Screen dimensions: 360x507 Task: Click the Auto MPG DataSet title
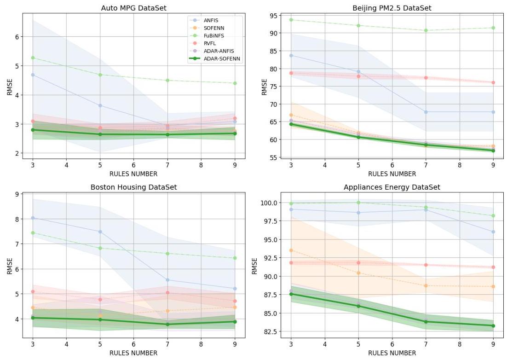click(x=133, y=8)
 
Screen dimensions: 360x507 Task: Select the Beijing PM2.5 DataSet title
click(x=392, y=8)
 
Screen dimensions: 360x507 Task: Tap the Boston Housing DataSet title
click(x=133, y=187)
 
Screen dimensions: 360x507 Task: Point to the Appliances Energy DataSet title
click(x=392, y=187)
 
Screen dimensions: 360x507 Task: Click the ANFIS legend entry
click(x=211, y=20)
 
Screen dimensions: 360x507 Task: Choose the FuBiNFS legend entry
click(x=213, y=35)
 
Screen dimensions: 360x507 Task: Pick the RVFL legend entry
click(x=209, y=43)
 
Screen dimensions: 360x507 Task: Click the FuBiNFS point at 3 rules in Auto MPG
click(x=33, y=58)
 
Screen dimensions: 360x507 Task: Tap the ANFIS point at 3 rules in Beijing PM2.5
click(x=291, y=56)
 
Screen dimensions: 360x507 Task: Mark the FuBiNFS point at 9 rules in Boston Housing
click(x=235, y=258)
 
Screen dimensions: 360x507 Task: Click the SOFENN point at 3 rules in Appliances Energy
click(x=291, y=250)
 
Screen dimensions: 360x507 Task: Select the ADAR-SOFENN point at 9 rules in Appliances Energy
click(x=493, y=325)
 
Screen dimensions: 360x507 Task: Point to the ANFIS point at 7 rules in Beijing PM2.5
click(x=426, y=112)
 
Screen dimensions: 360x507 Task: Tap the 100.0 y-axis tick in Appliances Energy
click(x=269, y=203)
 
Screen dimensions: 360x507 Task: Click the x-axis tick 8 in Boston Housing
click(x=201, y=344)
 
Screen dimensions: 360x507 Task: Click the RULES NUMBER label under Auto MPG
click(x=133, y=174)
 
